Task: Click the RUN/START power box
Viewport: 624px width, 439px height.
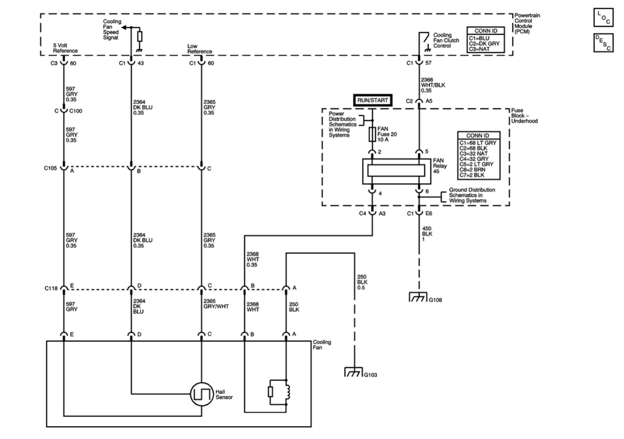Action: [x=372, y=100]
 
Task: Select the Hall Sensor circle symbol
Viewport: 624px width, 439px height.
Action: [x=201, y=394]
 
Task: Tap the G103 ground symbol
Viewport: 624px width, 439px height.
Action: [x=353, y=372]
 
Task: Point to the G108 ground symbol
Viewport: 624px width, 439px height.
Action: [x=418, y=297]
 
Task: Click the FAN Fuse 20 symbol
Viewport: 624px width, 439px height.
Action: [x=372, y=134]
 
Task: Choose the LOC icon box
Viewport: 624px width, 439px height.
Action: [x=603, y=17]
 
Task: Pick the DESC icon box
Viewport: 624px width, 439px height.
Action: [x=603, y=43]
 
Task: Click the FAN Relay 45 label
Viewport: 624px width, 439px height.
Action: [x=440, y=166]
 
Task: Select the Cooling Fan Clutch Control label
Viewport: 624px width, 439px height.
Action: [x=446, y=40]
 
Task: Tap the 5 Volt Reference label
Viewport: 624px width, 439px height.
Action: [x=65, y=48]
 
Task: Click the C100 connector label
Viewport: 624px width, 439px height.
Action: [x=76, y=111]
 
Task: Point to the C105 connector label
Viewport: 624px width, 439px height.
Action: [x=50, y=168]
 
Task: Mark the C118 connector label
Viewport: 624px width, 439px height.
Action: [x=51, y=288]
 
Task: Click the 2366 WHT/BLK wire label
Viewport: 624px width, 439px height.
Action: [x=433, y=85]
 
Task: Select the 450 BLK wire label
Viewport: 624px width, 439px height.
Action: [x=427, y=234]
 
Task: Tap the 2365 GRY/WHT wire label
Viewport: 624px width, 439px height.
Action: [x=216, y=304]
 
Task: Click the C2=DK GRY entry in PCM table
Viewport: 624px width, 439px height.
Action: [x=484, y=44]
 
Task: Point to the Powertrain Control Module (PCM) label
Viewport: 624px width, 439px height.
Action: [x=527, y=23]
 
